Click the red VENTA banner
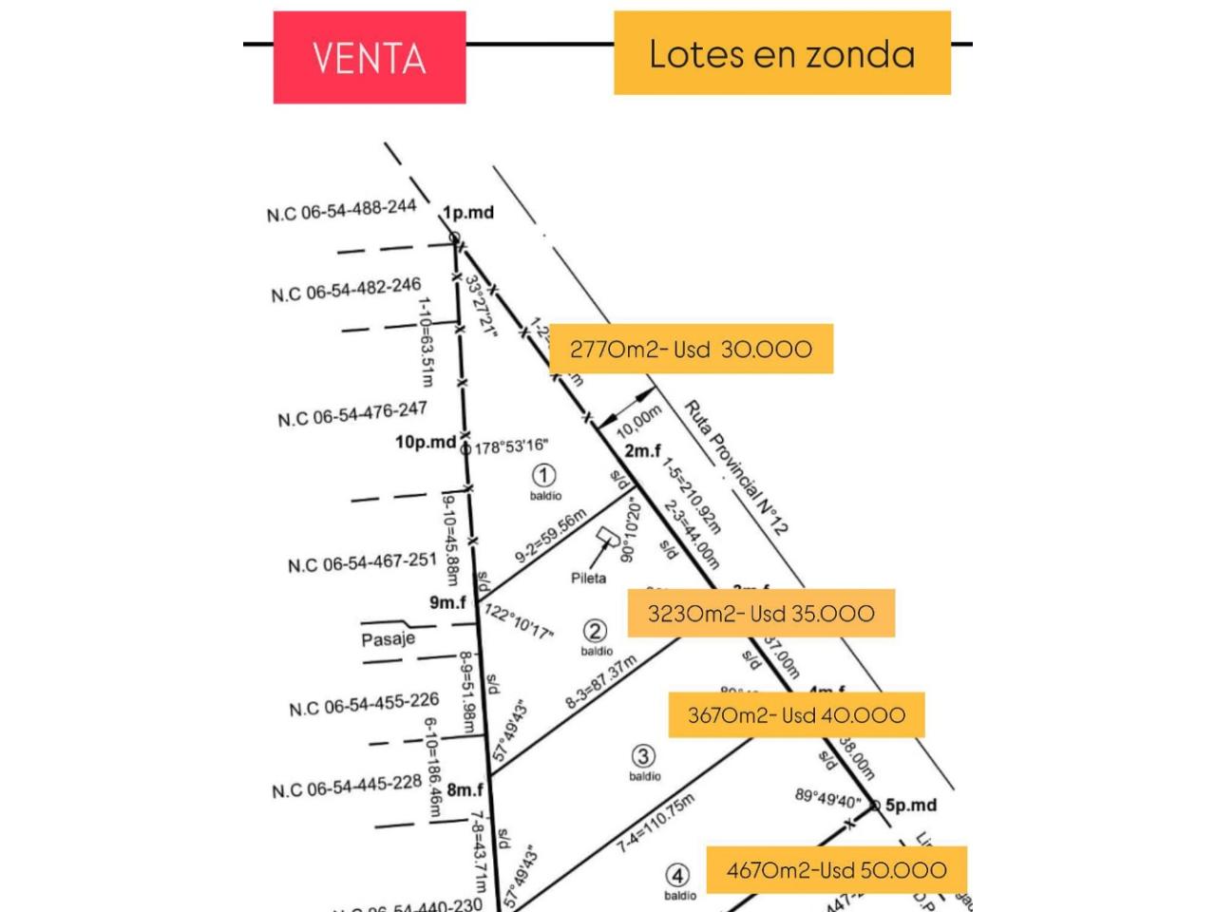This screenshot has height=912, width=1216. [369, 58]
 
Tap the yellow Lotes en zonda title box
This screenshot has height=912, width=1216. [782, 53]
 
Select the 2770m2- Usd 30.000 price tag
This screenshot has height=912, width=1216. [691, 349]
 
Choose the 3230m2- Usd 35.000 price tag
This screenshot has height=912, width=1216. [760, 613]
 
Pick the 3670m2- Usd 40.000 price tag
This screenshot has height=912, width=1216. [796, 715]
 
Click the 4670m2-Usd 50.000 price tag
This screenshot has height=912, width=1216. [836, 870]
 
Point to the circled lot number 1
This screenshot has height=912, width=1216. [543, 475]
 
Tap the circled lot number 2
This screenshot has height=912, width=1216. [595, 631]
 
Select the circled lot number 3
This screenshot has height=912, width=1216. [643, 756]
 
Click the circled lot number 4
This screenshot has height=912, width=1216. [677, 875]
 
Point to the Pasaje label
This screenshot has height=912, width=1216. [388, 639]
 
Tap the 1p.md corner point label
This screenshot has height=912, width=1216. [468, 212]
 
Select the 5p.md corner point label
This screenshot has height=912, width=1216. [910, 806]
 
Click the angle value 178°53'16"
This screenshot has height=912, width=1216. [510, 446]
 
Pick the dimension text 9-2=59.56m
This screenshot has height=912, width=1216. [551, 538]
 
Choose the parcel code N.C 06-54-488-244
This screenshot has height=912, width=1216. [341, 210]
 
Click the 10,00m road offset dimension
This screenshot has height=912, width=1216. [639, 421]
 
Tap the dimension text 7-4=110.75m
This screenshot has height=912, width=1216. [656, 823]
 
